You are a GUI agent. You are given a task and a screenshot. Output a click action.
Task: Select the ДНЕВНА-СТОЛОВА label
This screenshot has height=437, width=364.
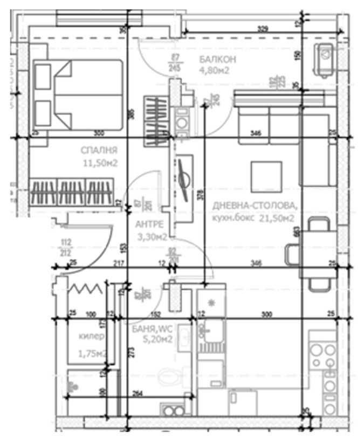point(255,206)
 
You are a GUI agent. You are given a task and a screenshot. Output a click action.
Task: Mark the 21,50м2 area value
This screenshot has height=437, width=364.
point(276,218)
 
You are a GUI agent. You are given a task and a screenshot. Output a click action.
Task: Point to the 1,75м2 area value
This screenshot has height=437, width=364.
point(91,354)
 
